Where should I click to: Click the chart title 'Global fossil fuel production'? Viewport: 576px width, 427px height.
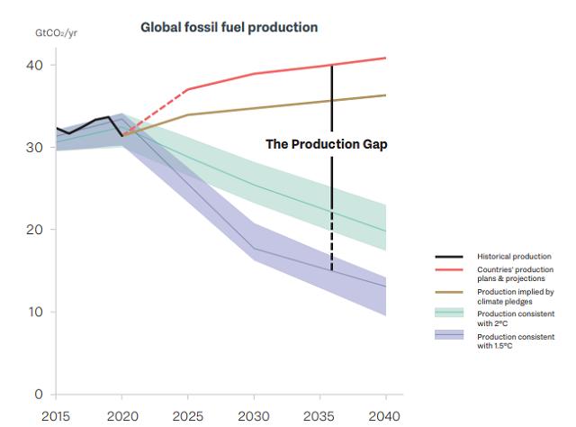[x=229, y=28]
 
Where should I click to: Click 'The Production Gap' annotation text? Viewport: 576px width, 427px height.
[x=326, y=144]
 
